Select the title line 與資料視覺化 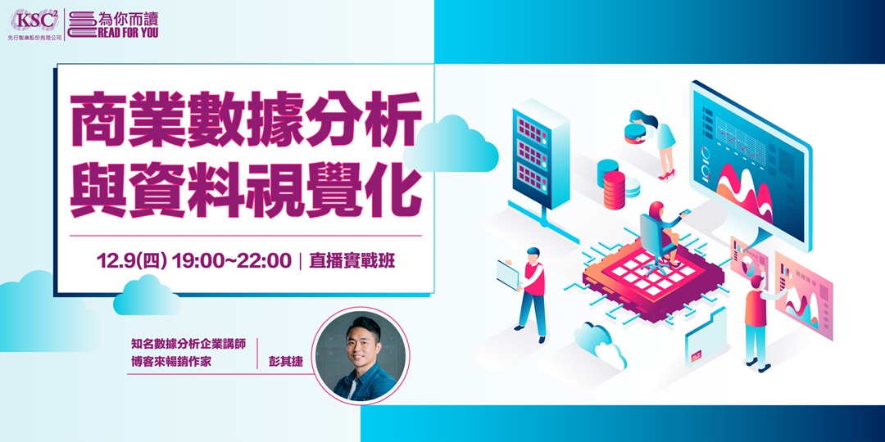(246, 188)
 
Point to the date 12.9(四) (131, 261)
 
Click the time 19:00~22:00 (232, 261)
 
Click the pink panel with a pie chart (750, 258)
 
